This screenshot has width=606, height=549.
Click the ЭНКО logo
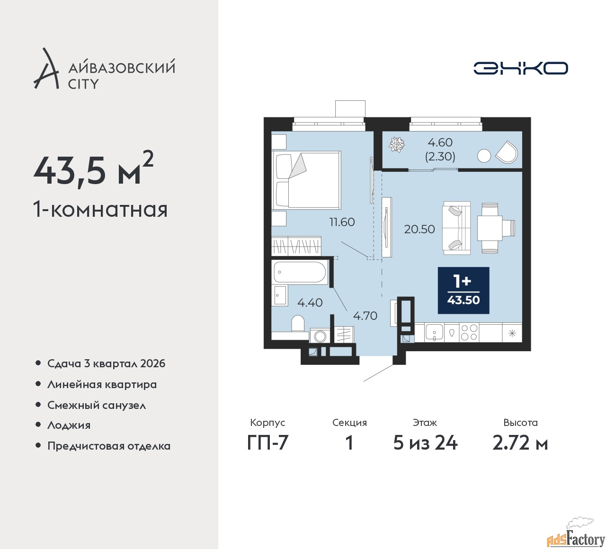pyautogui.click(x=520, y=69)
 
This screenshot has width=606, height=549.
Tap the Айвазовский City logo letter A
pyautogui.click(x=46, y=70)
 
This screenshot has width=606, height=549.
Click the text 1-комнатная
pyautogui.click(x=100, y=209)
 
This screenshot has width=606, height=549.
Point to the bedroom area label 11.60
pyautogui.click(x=342, y=222)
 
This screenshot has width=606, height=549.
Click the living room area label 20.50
pyautogui.click(x=419, y=230)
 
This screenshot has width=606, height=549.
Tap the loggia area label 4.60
pyautogui.click(x=440, y=142)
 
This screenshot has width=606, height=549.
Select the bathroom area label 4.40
pyautogui.click(x=310, y=302)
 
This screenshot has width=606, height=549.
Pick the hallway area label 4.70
pyautogui.click(x=365, y=316)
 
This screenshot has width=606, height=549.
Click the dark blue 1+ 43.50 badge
pyautogui.click(x=463, y=291)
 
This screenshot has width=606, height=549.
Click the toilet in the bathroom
pyautogui.click(x=298, y=324)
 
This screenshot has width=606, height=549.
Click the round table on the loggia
pyautogui.click(x=484, y=156)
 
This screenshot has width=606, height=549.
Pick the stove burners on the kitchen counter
pyautogui.click(x=469, y=332)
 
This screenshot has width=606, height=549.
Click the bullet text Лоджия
pyautogui.click(x=69, y=425)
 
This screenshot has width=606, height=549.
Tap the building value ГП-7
pyautogui.click(x=267, y=443)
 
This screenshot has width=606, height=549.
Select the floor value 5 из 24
pyautogui.click(x=425, y=443)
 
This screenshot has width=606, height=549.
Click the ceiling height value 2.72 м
pyautogui.click(x=520, y=443)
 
